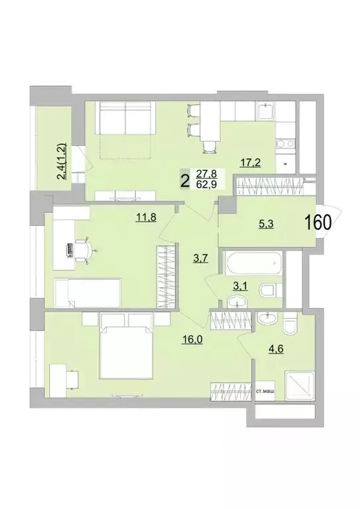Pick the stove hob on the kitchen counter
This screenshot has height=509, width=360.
[286, 142]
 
